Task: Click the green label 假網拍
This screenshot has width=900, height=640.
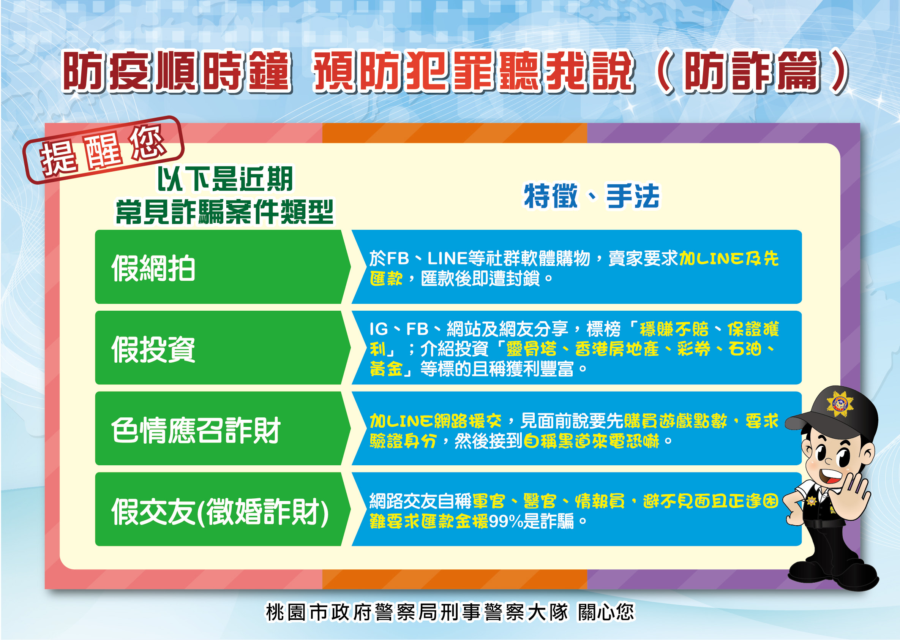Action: pyautogui.click(x=153, y=268)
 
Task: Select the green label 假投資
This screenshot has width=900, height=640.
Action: pyautogui.click(x=153, y=349)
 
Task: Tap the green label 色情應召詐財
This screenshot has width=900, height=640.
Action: pyautogui.click(x=196, y=430)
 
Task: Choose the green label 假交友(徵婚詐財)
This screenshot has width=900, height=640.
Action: pyautogui.click(x=220, y=512)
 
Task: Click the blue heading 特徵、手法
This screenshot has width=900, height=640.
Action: pyautogui.click(x=592, y=196)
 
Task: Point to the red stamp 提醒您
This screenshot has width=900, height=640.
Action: pyautogui.click(x=103, y=150)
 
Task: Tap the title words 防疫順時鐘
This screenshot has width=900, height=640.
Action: pyautogui.click(x=177, y=72)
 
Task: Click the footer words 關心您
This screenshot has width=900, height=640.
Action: pyautogui.click(x=606, y=612)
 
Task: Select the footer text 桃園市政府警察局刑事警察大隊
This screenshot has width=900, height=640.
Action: pyautogui.click(x=417, y=612)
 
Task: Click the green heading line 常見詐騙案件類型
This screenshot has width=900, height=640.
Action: pyautogui.click(x=224, y=212)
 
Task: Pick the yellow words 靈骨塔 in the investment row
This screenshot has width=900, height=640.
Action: pyautogui.click(x=531, y=349)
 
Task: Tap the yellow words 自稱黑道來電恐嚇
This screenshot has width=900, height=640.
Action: pyautogui.click(x=591, y=441)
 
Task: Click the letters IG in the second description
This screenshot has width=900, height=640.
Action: pyautogui.click(x=379, y=329)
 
